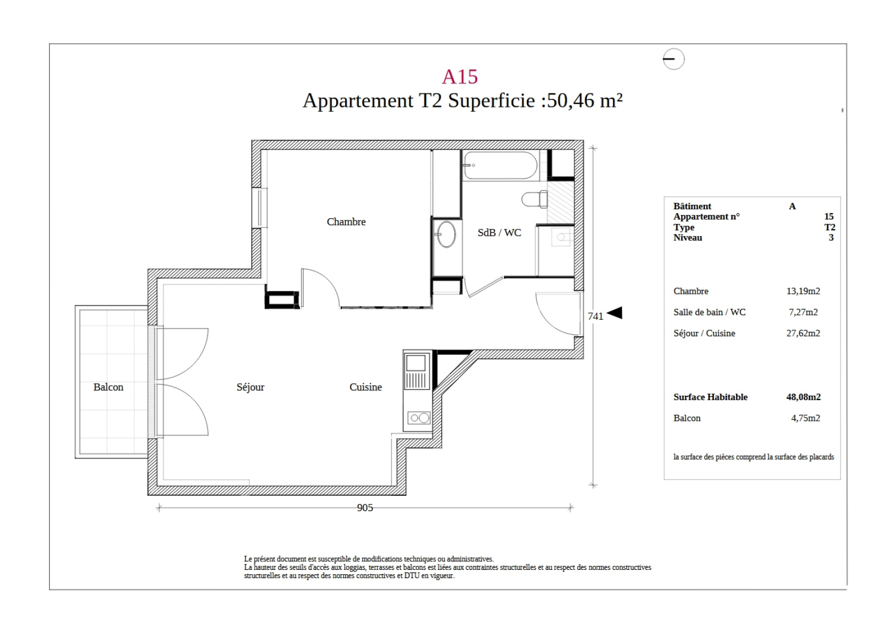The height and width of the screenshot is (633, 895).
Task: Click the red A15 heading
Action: point(459,76)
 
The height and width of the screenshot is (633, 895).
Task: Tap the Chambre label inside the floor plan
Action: point(346,222)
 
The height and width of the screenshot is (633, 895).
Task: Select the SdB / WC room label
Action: point(499,233)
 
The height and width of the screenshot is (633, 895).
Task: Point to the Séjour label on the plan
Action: point(250,387)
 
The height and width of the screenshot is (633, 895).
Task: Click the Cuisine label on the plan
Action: point(366,387)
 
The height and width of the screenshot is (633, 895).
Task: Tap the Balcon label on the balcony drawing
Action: point(109,387)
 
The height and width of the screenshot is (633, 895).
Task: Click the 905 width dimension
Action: point(365,508)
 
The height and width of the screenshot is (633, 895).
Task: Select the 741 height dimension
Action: point(595,316)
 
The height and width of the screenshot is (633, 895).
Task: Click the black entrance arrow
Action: point(615,313)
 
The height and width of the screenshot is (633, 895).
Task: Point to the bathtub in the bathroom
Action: point(500,165)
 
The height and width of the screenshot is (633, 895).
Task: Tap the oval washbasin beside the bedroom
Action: point(446,235)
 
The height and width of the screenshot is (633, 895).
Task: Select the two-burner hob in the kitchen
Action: point(419,418)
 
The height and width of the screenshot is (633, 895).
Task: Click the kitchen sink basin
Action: point(416,363)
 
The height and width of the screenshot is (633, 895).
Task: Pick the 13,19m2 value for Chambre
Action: point(803,291)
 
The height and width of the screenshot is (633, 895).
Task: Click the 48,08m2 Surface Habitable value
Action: point(803,397)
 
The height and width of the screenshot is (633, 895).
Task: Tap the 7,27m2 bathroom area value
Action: point(803,312)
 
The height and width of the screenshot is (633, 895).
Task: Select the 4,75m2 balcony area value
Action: point(805,418)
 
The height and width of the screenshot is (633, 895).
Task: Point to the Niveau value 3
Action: point(831,237)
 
